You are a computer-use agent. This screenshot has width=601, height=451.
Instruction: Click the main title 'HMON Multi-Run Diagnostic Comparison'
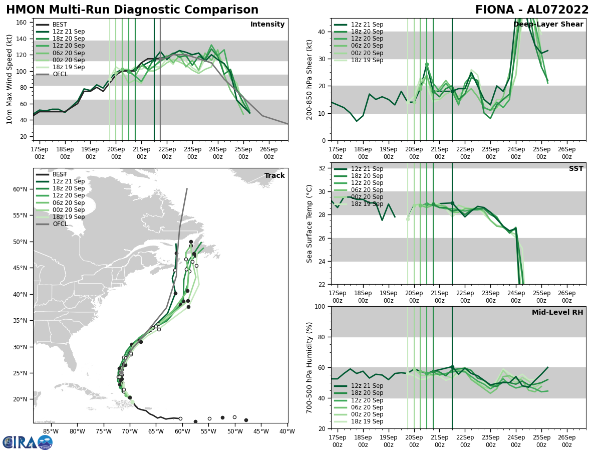132,10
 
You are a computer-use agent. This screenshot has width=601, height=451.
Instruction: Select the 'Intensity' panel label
267,25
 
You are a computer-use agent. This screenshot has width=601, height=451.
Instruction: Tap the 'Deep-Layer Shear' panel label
548,25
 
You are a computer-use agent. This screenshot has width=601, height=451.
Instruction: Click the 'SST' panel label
576,169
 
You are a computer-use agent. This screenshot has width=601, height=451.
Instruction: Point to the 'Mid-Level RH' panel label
557,313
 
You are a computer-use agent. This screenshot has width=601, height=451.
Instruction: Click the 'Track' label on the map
274,175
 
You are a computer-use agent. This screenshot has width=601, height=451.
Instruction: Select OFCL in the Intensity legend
60,74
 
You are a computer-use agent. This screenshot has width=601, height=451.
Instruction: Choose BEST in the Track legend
60,174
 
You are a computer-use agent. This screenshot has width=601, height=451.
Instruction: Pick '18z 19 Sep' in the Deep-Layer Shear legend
368,60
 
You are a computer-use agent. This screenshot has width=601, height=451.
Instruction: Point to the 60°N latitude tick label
20,189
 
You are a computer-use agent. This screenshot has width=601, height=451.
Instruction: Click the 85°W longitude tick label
51,432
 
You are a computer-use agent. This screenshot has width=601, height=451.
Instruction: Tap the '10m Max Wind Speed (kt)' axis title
10,79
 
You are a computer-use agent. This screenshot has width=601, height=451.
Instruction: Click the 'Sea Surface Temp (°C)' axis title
310,223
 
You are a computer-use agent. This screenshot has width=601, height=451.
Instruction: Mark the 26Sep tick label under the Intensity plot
269,153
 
